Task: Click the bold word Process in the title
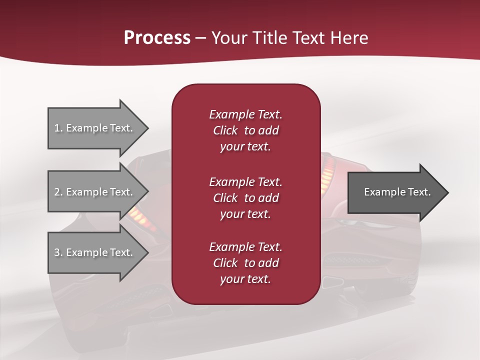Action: coord(157,38)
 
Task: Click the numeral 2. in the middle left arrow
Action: coord(58,192)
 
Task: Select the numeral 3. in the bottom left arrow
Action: coord(58,252)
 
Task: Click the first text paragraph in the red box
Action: coord(245,130)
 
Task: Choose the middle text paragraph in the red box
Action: coord(245,197)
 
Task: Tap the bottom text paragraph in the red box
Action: coord(245,263)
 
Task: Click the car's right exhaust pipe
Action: coord(332,282)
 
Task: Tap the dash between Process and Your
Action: coord(201,38)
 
